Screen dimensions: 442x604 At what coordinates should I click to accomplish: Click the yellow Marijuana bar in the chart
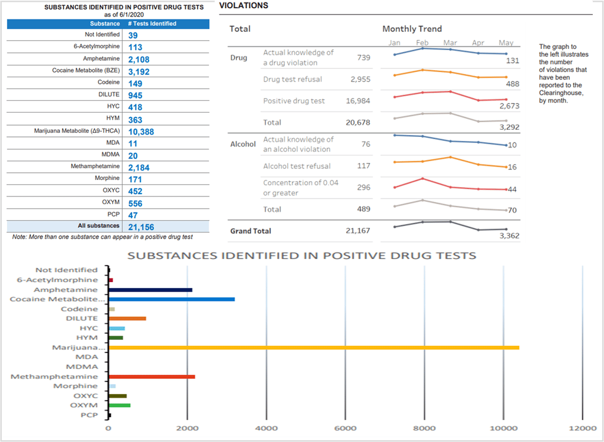[x=313, y=348]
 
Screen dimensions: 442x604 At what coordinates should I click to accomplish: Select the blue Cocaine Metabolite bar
[x=171, y=299]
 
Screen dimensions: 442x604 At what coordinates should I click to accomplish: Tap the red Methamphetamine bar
[x=152, y=376]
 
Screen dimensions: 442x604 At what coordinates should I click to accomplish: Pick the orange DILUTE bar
[x=127, y=319]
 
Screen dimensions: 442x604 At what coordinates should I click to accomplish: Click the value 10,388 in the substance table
[x=141, y=132]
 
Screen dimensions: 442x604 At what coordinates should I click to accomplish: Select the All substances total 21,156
[x=141, y=227]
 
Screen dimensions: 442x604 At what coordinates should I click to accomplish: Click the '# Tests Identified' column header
[x=152, y=24]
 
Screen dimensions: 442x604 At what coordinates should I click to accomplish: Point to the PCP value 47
[x=133, y=215]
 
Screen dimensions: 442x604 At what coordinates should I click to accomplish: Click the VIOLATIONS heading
[x=244, y=5]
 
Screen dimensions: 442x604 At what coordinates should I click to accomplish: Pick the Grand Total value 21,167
[x=357, y=231]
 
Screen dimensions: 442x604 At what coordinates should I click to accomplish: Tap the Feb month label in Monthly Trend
[x=422, y=43]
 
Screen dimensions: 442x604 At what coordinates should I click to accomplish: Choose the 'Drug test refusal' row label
[x=293, y=79]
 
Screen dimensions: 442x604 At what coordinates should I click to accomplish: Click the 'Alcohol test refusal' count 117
[x=363, y=166]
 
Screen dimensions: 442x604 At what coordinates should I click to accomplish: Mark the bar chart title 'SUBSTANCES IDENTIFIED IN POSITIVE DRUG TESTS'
[x=301, y=256]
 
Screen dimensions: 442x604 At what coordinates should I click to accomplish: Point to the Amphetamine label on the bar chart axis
[x=65, y=290]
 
